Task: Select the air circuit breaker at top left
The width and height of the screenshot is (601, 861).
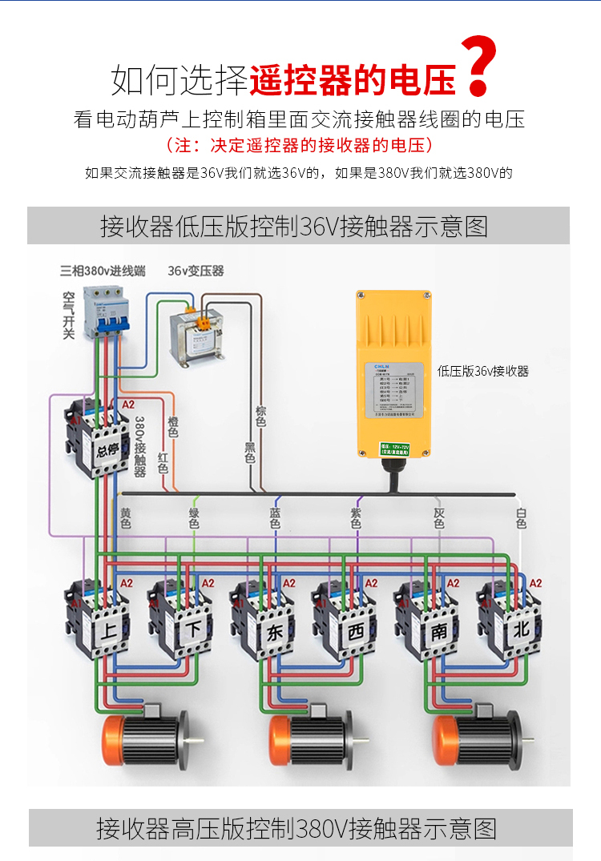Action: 107,312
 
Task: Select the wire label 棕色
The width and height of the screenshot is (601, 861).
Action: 260,416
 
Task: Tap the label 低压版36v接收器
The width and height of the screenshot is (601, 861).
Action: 483,371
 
